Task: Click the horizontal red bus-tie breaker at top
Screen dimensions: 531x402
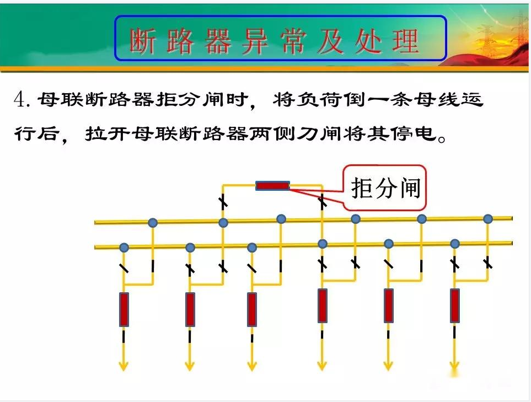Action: (x=272, y=186)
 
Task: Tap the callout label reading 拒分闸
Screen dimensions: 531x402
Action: (x=386, y=188)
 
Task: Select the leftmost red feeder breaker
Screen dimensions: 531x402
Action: (x=124, y=309)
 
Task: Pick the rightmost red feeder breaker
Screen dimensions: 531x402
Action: (x=455, y=305)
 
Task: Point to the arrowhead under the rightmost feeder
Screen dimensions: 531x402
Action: (x=454, y=366)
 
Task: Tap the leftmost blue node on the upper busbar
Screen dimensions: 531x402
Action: (x=153, y=223)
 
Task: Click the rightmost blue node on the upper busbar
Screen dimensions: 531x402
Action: (x=488, y=219)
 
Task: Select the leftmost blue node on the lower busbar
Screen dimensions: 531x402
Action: (x=124, y=248)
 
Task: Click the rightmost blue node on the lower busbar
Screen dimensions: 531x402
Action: (x=455, y=244)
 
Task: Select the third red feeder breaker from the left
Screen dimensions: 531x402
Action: (x=252, y=309)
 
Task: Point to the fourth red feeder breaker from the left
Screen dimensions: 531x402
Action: (x=323, y=305)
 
